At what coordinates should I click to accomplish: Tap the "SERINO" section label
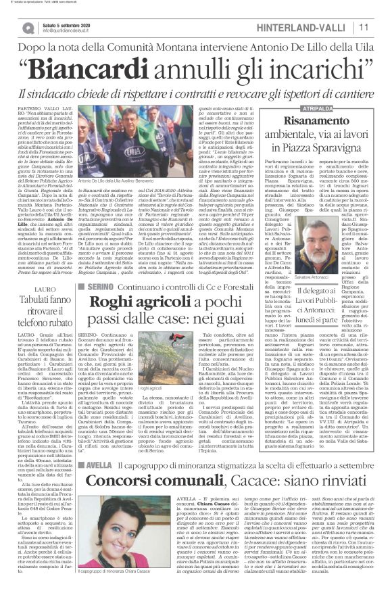(95, 287)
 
